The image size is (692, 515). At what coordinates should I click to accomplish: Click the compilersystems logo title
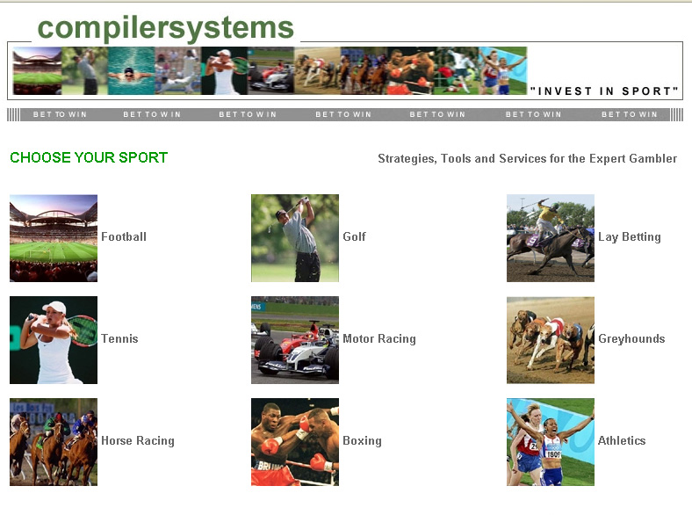point(165,28)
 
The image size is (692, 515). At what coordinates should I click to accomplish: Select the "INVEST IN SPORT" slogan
point(604,91)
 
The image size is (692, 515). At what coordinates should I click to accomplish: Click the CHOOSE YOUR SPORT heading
point(89,157)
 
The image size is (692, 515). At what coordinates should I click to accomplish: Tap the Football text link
point(124,236)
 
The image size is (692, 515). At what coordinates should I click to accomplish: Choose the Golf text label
point(354,236)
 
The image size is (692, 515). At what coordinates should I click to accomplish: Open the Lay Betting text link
point(630,237)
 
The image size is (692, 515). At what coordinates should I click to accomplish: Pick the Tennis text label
point(119,338)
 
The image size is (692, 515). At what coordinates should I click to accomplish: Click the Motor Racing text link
point(379,338)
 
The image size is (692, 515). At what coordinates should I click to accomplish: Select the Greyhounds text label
point(631,338)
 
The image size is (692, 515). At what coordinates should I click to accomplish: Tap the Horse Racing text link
point(138,441)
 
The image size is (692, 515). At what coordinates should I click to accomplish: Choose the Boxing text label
point(362,441)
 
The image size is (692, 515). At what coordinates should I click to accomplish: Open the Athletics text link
point(622,440)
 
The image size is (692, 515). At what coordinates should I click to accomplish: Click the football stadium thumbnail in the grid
point(54,238)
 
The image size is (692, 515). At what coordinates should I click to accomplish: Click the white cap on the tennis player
point(55,308)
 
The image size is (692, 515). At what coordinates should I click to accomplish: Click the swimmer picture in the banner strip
point(131,70)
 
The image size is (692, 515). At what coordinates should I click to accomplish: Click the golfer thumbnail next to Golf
point(295,238)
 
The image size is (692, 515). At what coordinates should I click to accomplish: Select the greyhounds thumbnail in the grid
point(551,340)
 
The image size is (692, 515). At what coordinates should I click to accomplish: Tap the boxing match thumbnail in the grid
point(295,442)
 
